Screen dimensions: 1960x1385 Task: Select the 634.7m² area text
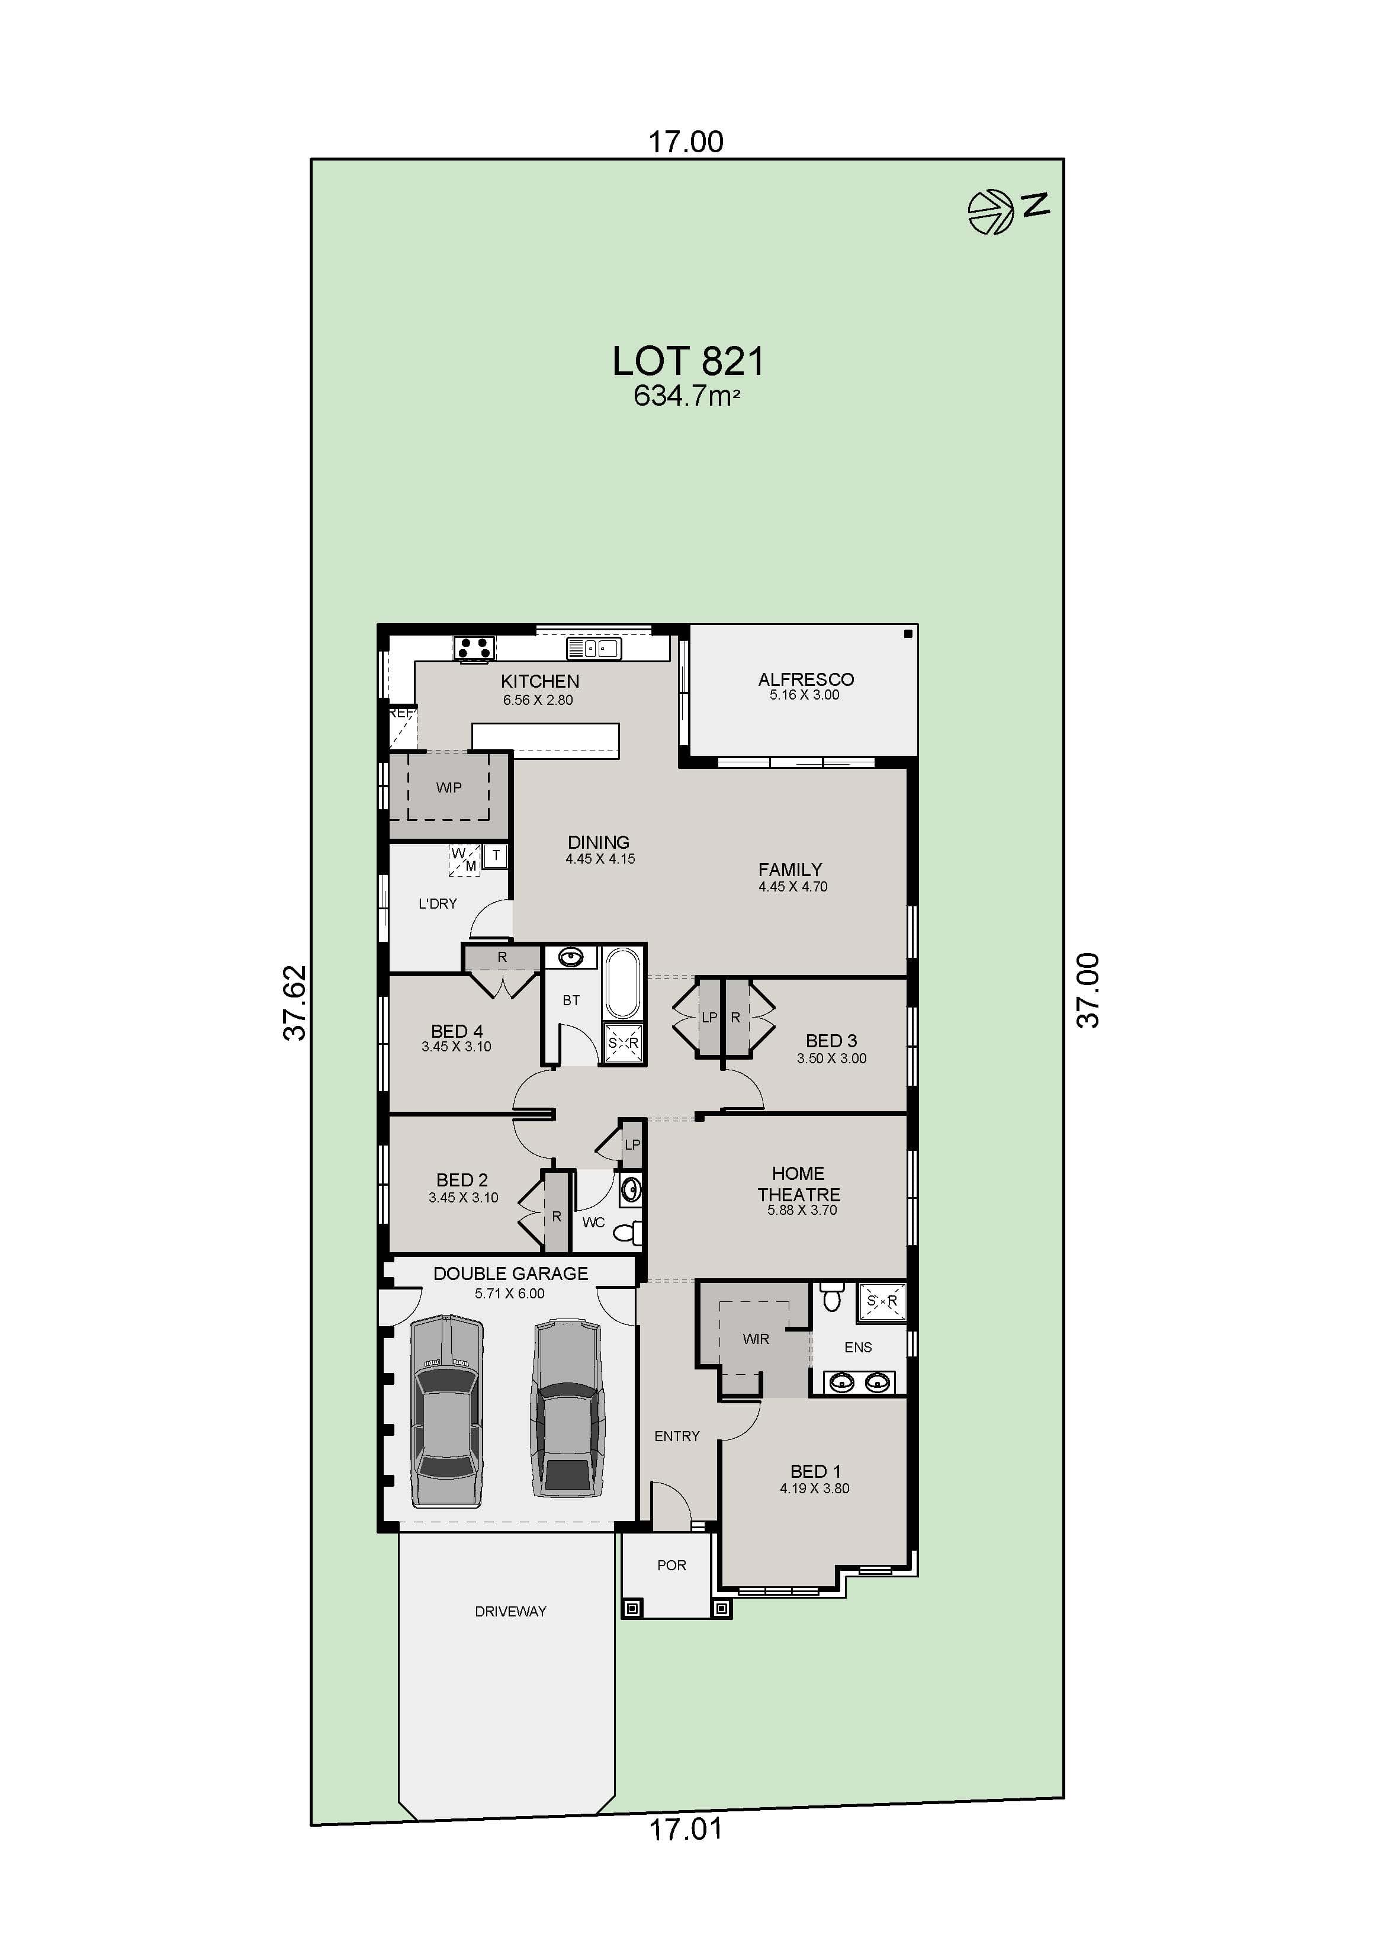pos(686,396)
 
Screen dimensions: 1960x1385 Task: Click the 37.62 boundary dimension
pos(294,1002)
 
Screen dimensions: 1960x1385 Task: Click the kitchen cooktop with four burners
pos(474,648)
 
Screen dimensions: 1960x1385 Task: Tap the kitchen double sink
pos(593,649)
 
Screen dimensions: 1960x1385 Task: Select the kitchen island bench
pos(546,740)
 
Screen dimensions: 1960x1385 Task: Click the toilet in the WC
pos(628,1232)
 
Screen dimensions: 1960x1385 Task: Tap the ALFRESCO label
pos(805,679)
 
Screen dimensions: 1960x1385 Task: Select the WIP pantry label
pos(449,787)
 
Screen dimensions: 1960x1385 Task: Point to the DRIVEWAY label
pos(510,1611)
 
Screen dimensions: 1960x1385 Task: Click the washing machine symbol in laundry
pos(464,859)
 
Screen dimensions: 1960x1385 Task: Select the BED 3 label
pos(831,1041)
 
